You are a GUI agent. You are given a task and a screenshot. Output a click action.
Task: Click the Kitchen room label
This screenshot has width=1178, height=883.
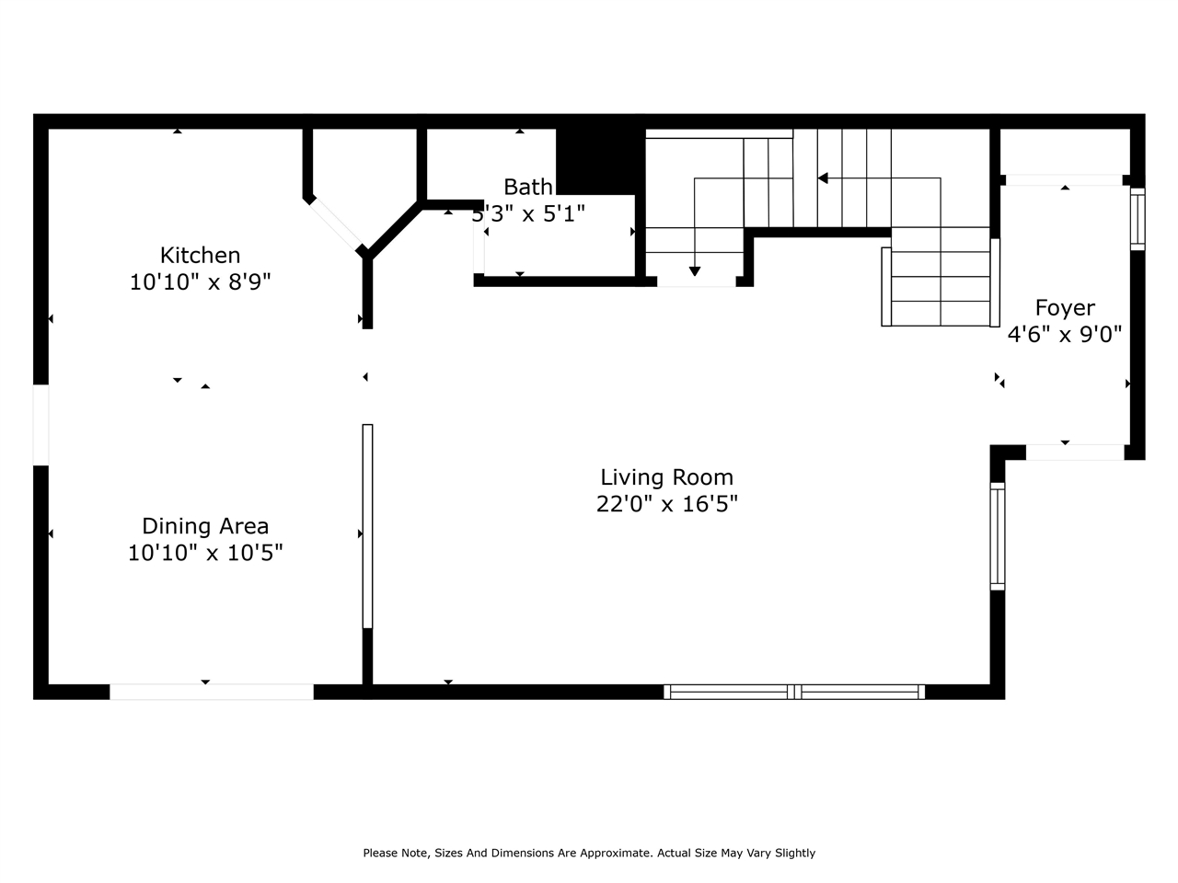200,255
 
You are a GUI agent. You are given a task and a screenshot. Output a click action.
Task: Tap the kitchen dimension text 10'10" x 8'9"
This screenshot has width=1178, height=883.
200,281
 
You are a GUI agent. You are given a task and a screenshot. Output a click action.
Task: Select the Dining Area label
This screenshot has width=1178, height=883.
204,526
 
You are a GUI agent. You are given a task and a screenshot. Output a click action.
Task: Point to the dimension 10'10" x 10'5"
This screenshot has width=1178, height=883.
204,553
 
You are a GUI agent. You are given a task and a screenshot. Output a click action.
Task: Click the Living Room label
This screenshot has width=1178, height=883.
666,477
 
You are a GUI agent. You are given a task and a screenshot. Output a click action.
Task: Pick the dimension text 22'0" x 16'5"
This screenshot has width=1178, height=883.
666,504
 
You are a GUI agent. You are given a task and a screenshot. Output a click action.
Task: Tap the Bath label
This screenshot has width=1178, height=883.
528,187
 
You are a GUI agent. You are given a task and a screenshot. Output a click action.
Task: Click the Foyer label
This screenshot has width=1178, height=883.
1065,308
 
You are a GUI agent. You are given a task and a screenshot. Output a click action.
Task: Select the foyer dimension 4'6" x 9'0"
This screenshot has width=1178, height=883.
1065,334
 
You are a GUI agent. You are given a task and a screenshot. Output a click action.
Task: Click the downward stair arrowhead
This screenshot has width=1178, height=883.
695,270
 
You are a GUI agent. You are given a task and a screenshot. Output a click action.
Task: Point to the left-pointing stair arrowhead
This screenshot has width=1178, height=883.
823,178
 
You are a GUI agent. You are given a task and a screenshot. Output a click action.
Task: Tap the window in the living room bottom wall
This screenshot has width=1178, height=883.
794,692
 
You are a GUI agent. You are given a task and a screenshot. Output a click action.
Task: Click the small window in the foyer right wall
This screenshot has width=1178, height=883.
1138,219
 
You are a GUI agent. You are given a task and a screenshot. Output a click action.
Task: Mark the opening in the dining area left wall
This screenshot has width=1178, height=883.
40,424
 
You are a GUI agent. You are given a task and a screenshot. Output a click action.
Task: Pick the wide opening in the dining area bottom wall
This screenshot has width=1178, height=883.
212,692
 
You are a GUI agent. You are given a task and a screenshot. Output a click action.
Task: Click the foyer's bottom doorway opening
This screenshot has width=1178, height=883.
1075,453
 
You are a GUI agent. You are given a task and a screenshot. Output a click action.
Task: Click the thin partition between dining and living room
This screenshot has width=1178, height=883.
367,525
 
